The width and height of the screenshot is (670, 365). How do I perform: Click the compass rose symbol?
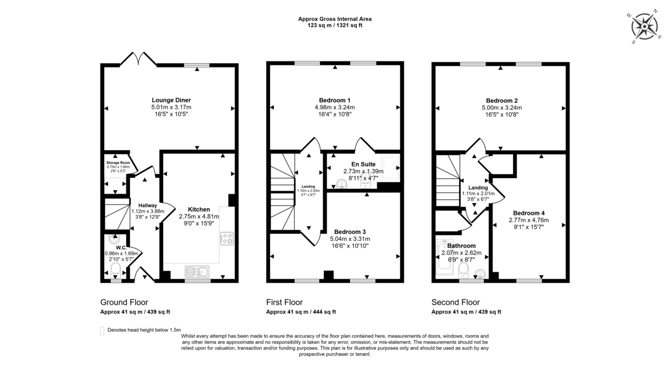[644, 27]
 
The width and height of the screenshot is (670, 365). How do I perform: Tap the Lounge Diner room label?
[171, 100]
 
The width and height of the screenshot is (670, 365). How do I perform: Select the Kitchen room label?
[199, 209]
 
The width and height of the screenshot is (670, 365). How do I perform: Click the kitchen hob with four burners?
[227, 238]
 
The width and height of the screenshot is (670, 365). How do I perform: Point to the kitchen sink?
[197, 272]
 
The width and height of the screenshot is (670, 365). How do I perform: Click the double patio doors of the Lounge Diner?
[138, 59]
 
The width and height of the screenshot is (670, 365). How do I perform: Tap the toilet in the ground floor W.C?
[116, 270]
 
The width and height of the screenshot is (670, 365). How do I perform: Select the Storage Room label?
[118, 162]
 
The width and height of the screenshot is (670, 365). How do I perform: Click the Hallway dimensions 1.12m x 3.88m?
[148, 211]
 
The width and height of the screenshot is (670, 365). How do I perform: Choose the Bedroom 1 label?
[334, 100]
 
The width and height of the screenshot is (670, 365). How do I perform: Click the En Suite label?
[363, 164]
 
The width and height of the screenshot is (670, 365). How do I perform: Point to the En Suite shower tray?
[390, 168]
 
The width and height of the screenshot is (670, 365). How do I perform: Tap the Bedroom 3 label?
[350, 232]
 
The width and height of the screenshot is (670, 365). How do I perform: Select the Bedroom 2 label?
[501, 100]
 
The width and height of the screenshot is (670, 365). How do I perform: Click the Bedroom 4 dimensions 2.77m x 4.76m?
[529, 220]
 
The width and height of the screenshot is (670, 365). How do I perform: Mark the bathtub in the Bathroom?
[445, 257]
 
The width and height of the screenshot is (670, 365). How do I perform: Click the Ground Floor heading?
[124, 302]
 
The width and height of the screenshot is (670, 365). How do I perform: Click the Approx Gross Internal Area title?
[334, 19]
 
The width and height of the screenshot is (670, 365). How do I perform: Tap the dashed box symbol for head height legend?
[102, 331]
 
